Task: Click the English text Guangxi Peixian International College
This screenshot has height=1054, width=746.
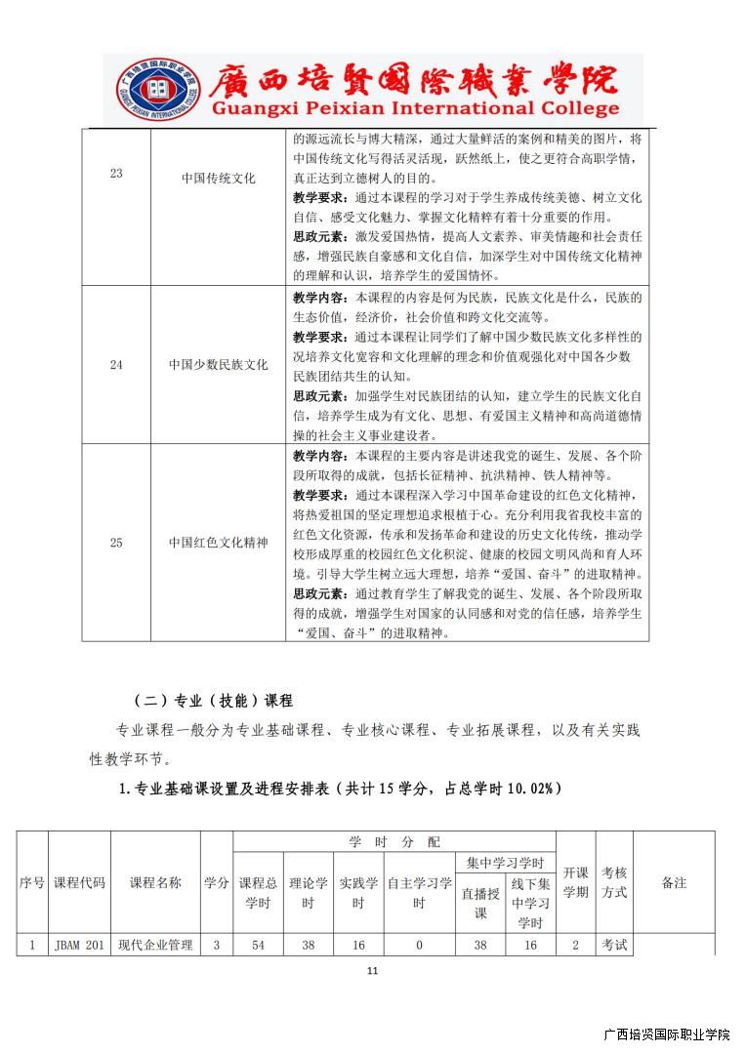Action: coord(415,108)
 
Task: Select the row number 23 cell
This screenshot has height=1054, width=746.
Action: coord(116,174)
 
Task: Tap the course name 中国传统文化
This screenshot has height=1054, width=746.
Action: coord(218,179)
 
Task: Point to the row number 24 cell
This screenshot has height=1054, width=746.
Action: coord(116,365)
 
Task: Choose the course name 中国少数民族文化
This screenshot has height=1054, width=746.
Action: coord(218,365)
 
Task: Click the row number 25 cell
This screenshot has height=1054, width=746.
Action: coord(116,543)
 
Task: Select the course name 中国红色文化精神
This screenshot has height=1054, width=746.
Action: coord(218,543)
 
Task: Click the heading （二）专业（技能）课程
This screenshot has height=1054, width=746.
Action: coord(213,701)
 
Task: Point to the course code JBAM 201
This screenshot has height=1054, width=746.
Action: coord(79,945)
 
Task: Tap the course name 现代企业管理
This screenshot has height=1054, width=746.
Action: coord(155,945)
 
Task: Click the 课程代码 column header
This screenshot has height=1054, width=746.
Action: coord(79,882)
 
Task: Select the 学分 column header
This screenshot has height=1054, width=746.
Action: coord(216,882)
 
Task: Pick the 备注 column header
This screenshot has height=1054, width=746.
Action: coord(674,882)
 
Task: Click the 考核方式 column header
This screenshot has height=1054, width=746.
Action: coord(614,882)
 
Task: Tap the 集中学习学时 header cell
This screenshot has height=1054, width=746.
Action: coord(505,863)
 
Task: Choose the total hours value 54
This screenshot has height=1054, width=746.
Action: coord(258,945)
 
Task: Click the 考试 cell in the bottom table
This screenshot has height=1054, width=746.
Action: coord(614,945)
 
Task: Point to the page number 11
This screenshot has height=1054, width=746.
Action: coord(372,971)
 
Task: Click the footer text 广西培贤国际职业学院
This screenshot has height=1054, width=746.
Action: coord(667,1034)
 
